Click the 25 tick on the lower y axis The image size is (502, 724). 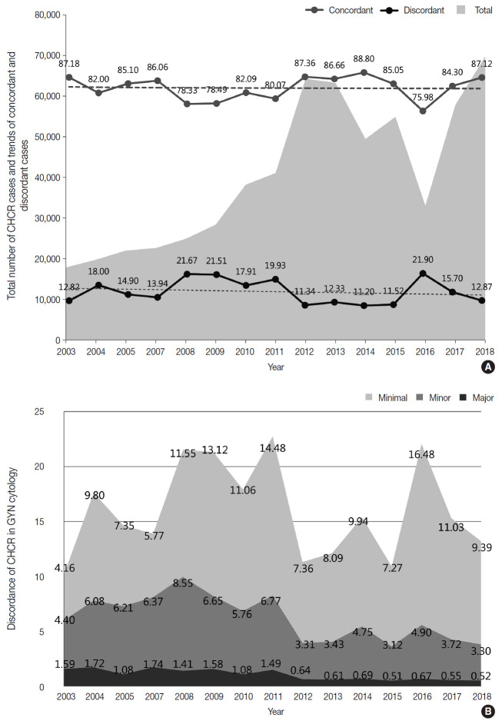52,412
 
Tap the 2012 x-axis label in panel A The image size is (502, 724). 306,353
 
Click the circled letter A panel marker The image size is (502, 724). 486,367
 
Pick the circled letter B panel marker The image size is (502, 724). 486,712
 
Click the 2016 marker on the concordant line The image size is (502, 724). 422,111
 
